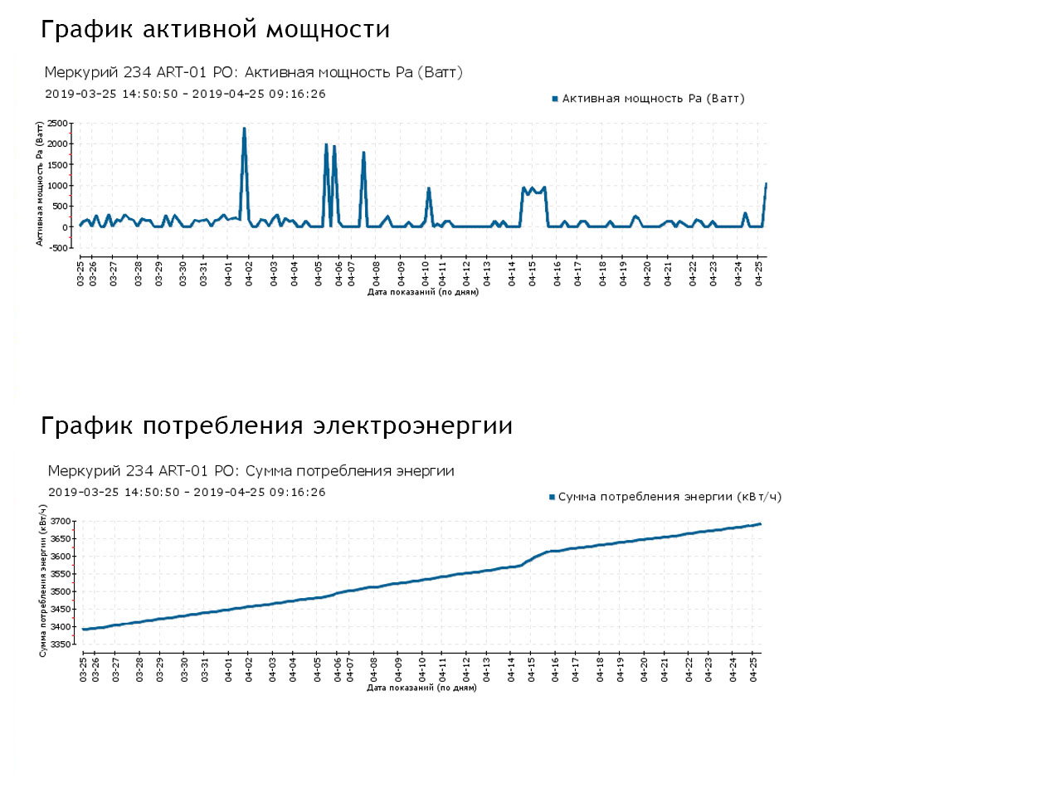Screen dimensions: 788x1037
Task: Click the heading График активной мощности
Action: point(216,30)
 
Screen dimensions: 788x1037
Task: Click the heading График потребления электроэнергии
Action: point(276,426)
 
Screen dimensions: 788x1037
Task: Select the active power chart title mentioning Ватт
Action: point(253,73)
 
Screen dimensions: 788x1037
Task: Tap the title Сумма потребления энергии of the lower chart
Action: point(251,471)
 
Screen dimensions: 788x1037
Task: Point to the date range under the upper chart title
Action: point(185,94)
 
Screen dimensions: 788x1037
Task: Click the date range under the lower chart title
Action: point(187,492)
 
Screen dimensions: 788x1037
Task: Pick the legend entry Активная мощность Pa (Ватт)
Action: point(649,99)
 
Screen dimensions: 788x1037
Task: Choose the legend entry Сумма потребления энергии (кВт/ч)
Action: point(665,497)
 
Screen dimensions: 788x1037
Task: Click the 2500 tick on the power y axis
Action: point(57,124)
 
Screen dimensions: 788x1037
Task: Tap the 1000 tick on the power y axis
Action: point(57,185)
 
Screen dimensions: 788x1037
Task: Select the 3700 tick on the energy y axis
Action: point(61,522)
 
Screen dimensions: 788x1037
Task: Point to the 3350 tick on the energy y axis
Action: point(61,645)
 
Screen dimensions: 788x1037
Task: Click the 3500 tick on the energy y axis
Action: point(61,592)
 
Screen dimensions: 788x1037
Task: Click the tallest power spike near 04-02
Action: point(244,129)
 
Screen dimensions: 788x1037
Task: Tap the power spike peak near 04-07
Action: point(363,153)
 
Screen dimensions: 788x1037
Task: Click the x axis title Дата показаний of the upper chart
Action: point(422,292)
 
